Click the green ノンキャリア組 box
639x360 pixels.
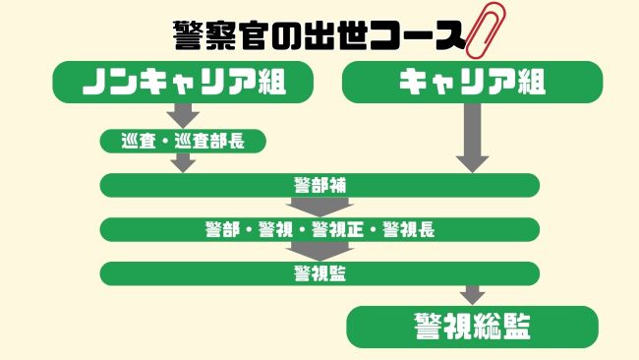click(x=183, y=82)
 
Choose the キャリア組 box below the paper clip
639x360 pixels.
click(x=472, y=82)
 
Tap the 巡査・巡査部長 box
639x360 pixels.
click(x=184, y=141)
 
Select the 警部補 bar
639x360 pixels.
click(x=319, y=185)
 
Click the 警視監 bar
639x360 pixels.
click(x=319, y=273)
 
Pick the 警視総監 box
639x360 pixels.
click(x=473, y=327)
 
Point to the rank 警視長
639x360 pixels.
click(x=408, y=229)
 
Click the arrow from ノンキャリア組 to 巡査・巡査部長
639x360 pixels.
click(x=184, y=115)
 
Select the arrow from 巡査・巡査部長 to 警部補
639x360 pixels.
click(x=184, y=162)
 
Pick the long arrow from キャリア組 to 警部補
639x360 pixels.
click(x=472, y=137)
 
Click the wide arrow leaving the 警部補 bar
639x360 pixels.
click(x=319, y=208)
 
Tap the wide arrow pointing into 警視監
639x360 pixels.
click(x=319, y=252)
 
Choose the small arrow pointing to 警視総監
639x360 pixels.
click(x=473, y=295)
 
